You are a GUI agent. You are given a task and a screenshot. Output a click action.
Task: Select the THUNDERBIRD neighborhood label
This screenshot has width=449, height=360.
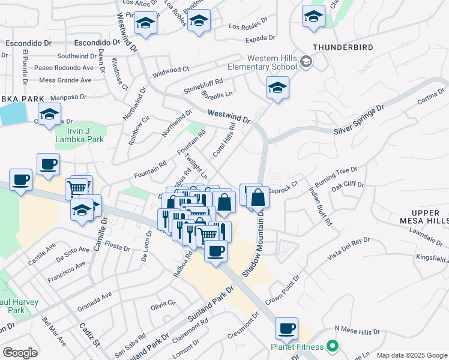click(342, 47)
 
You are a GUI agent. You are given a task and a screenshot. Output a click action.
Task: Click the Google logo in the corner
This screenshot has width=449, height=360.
click(20, 352)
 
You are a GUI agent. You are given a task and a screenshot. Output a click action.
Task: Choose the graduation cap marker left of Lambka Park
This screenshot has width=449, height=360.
click(49, 113)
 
